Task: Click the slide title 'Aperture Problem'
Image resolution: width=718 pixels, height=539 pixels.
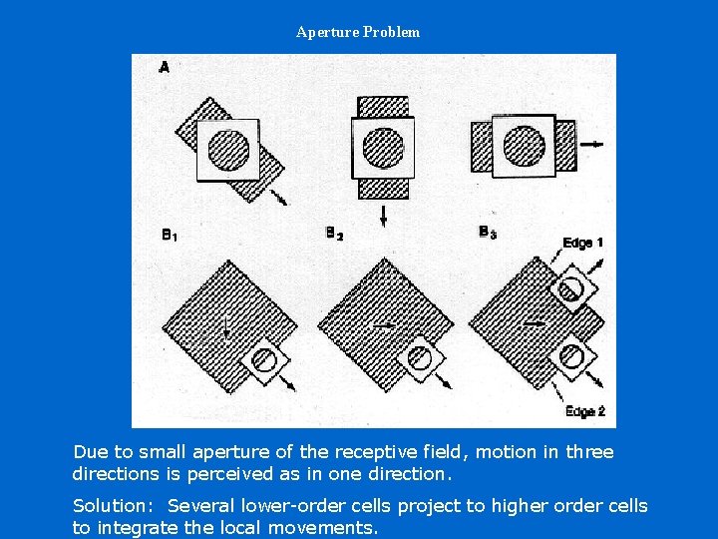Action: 358,32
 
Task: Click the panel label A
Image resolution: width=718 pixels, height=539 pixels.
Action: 164,68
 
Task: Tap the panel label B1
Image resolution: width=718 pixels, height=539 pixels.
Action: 169,236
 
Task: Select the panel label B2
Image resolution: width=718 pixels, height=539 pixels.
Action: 334,234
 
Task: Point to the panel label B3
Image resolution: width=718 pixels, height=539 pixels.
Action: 488,233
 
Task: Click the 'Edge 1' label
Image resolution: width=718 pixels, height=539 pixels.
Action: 582,243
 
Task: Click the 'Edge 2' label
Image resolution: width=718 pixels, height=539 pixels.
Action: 585,411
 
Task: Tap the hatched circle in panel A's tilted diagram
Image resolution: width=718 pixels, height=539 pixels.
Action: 228,151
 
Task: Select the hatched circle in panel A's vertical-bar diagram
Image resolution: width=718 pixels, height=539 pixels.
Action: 383,148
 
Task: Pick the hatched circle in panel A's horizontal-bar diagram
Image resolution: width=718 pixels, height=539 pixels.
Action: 525,146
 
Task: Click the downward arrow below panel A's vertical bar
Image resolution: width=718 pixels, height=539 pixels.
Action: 383,216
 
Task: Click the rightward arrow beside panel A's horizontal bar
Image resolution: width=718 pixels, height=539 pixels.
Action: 591,145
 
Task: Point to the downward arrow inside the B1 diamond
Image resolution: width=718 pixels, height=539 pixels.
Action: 226,329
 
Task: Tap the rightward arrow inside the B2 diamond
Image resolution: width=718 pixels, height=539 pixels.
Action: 384,325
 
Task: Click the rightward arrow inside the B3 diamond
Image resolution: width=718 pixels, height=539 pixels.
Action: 535,324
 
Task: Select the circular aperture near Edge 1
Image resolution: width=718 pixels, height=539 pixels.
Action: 570,288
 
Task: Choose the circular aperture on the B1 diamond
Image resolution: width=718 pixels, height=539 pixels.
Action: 263,360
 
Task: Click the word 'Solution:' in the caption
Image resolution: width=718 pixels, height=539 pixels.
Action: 113,506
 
